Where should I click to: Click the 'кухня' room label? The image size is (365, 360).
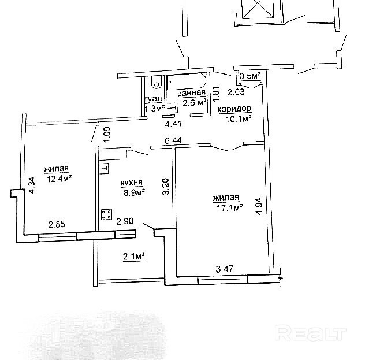coord(132,183)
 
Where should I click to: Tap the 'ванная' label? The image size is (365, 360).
coord(192,93)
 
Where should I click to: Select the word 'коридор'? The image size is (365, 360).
coord(234,109)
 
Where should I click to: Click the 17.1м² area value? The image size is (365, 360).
coord(230,207)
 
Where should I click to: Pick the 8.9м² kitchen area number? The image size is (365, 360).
coord(135,192)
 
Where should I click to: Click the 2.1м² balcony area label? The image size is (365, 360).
coord(134,257)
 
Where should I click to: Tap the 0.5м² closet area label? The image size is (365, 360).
coord(249,76)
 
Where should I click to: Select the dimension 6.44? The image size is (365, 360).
coord(173,140)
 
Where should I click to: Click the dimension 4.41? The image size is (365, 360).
coord(173,124)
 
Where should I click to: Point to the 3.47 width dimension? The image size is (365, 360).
coord(225,269)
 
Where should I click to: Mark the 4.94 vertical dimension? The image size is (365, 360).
coord(259,206)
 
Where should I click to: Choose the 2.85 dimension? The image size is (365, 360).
coord(57,224)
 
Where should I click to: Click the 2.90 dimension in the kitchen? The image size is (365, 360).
coord(125,221)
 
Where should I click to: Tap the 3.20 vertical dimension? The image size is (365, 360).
coord(166,186)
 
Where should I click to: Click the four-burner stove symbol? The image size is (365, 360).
coord(106,214)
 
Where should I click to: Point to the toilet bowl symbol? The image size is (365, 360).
coord(156,83)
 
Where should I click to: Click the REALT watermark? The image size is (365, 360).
coord(311,333)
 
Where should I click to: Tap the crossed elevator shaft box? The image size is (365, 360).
coord(258,9)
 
